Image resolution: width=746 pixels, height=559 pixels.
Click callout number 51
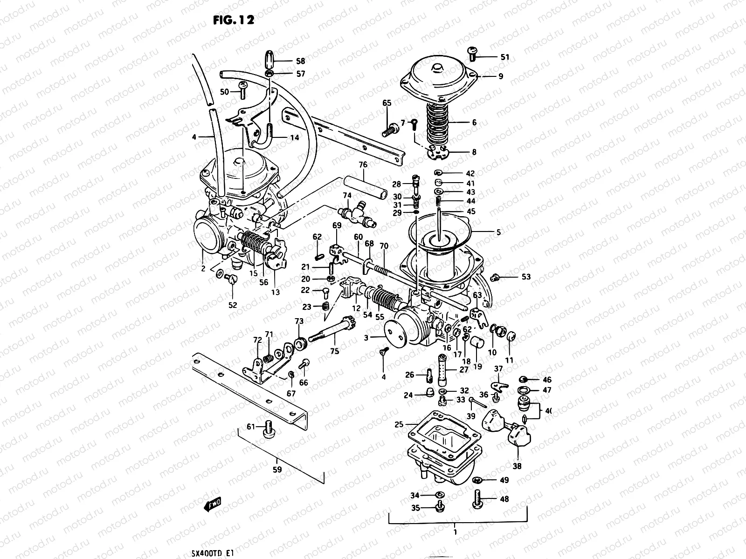click(505, 57)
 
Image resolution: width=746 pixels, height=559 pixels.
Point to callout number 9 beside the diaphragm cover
click(501, 76)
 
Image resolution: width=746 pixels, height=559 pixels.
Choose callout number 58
click(300, 61)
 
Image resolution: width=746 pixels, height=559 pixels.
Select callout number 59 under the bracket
click(277, 470)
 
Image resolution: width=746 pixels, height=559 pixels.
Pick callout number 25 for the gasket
click(399, 424)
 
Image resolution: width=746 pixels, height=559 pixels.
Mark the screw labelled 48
click(477, 499)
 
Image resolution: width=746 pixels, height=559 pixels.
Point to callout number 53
click(526, 277)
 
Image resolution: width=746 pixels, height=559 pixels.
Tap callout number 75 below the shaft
click(335, 352)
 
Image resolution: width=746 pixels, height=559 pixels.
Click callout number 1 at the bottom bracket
click(455, 532)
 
